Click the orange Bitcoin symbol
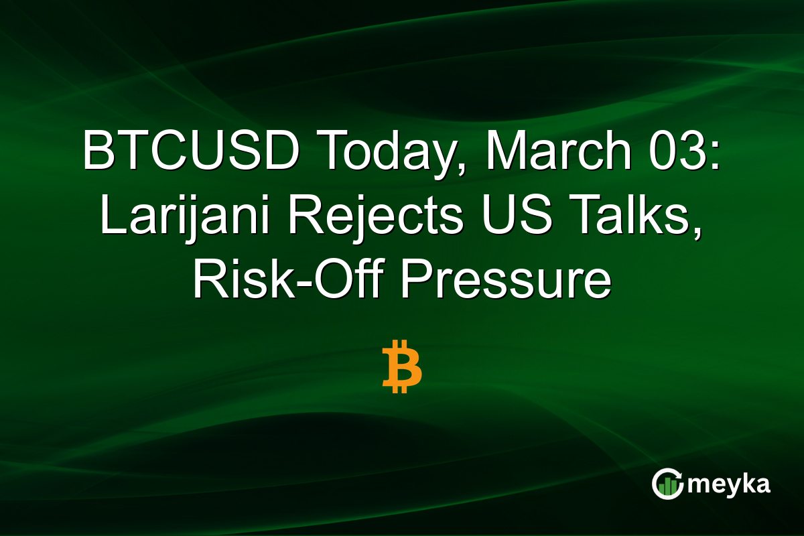click(x=402, y=366)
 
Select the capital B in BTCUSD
click(x=96, y=153)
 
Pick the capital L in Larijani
click(x=109, y=217)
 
